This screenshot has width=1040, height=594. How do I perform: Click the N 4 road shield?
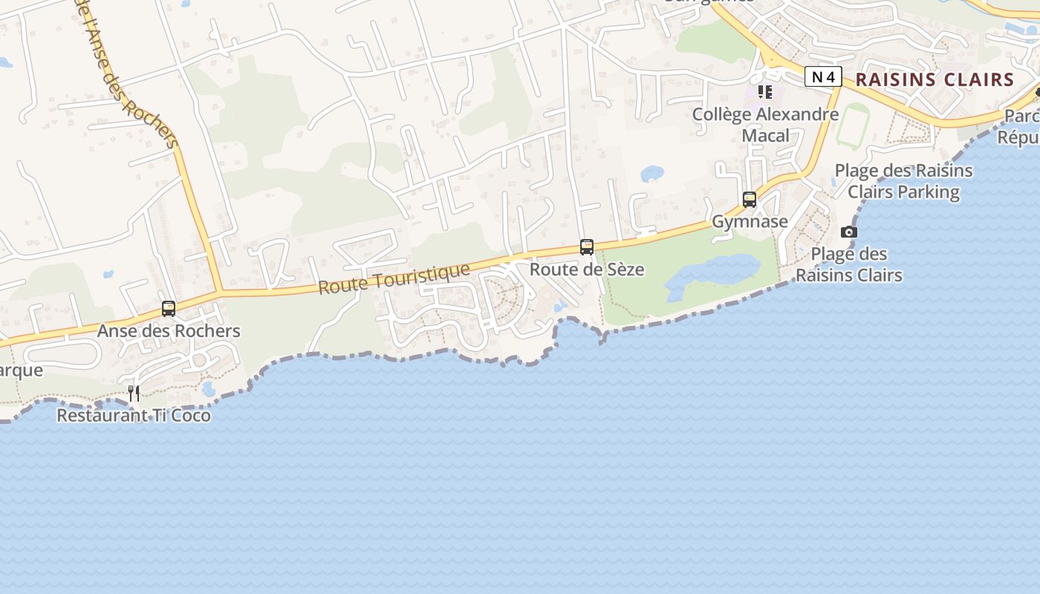(823, 76)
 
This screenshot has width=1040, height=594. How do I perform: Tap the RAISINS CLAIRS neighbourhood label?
(935, 79)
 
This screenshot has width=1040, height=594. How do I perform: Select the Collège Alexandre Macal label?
(765, 125)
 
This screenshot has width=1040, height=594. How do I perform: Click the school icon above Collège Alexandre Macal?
(765, 92)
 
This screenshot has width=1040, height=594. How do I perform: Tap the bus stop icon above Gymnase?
(750, 200)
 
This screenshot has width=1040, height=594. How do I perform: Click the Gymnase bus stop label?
(750, 221)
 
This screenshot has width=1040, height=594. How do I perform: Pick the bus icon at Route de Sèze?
(587, 247)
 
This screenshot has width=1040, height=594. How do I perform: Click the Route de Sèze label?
(587, 269)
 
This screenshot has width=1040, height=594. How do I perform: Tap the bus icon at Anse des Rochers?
(169, 309)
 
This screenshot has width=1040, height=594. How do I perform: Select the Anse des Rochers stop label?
(169, 330)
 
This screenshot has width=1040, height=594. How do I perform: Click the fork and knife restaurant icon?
(134, 394)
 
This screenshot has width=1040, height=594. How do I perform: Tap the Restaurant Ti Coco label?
(134, 415)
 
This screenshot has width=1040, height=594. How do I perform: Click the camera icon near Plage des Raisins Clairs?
(849, 232)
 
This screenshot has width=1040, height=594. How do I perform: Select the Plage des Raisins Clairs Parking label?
(903, 181)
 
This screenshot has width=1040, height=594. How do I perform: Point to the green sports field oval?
(854, 125)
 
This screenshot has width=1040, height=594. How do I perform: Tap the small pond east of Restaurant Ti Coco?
(209, 389)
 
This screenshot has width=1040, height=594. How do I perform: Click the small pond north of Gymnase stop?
(652, 174)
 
